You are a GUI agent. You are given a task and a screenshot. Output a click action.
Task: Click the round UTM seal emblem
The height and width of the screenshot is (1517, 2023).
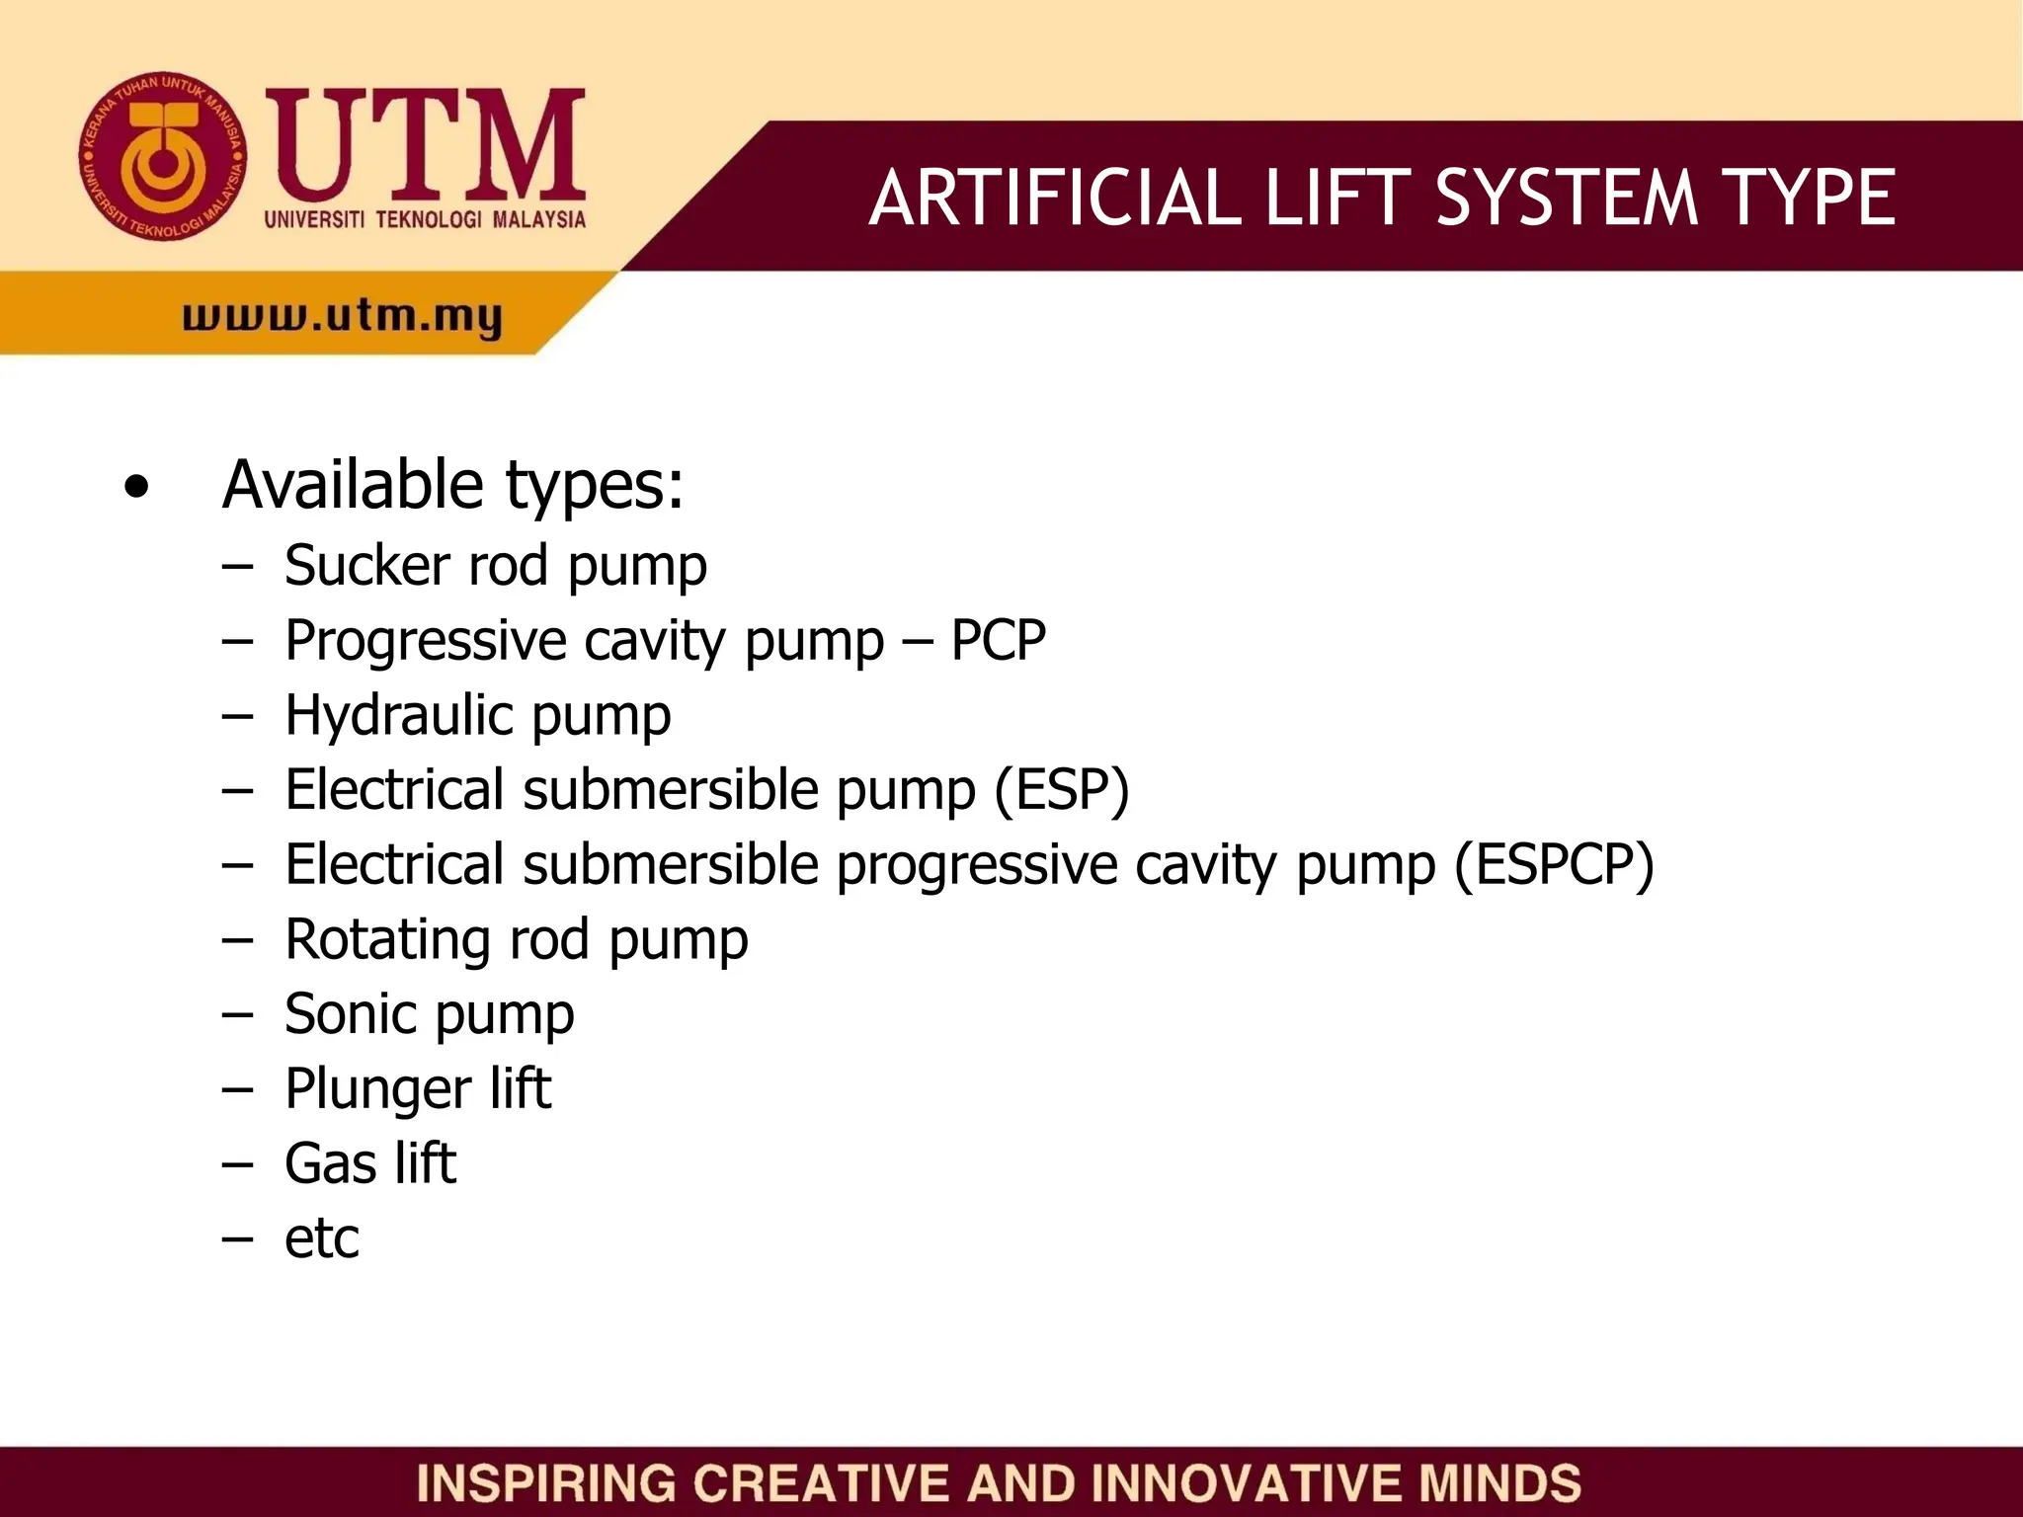pyautogui.click(x=163, y=156)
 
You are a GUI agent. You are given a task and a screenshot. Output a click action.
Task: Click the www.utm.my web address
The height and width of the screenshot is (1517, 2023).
pyautogui.click(x=342, y=318)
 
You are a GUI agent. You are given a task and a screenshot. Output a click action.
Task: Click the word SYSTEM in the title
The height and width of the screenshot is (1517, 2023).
pyautogui.click(x=1566, y=198)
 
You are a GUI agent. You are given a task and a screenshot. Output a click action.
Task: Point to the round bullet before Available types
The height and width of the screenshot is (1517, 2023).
pyautogui.click(x=136, y=486)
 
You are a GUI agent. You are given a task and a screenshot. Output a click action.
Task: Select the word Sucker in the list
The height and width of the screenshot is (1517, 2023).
pyautogui.click(x=366, y=565)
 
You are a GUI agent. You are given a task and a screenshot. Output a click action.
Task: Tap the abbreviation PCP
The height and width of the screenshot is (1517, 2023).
pyautogui.click(x=998, y=640)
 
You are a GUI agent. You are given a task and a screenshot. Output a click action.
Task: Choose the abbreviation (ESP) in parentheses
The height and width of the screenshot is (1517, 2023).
pyautogui.click(x=1061, y=790)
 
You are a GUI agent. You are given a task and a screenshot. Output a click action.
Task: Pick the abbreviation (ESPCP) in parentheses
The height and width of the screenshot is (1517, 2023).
pyautogui.click(x=1554, y=865)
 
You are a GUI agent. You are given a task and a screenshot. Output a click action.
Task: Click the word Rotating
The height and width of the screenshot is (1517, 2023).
pyautogui.click(x=387, y=939)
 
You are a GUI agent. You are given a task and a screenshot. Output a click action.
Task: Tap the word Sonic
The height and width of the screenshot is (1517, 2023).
pyautogui.click(x=349, y=1014)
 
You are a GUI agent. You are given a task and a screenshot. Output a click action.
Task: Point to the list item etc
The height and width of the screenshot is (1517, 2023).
pyautogui.click(x=322, y=1238)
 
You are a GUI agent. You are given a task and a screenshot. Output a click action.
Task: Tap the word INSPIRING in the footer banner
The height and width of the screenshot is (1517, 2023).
pyautogui.click(x=545, y=1483)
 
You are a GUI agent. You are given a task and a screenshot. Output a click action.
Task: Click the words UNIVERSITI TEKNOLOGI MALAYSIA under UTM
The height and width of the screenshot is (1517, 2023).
pyautogui.click(x=425, y=219)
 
